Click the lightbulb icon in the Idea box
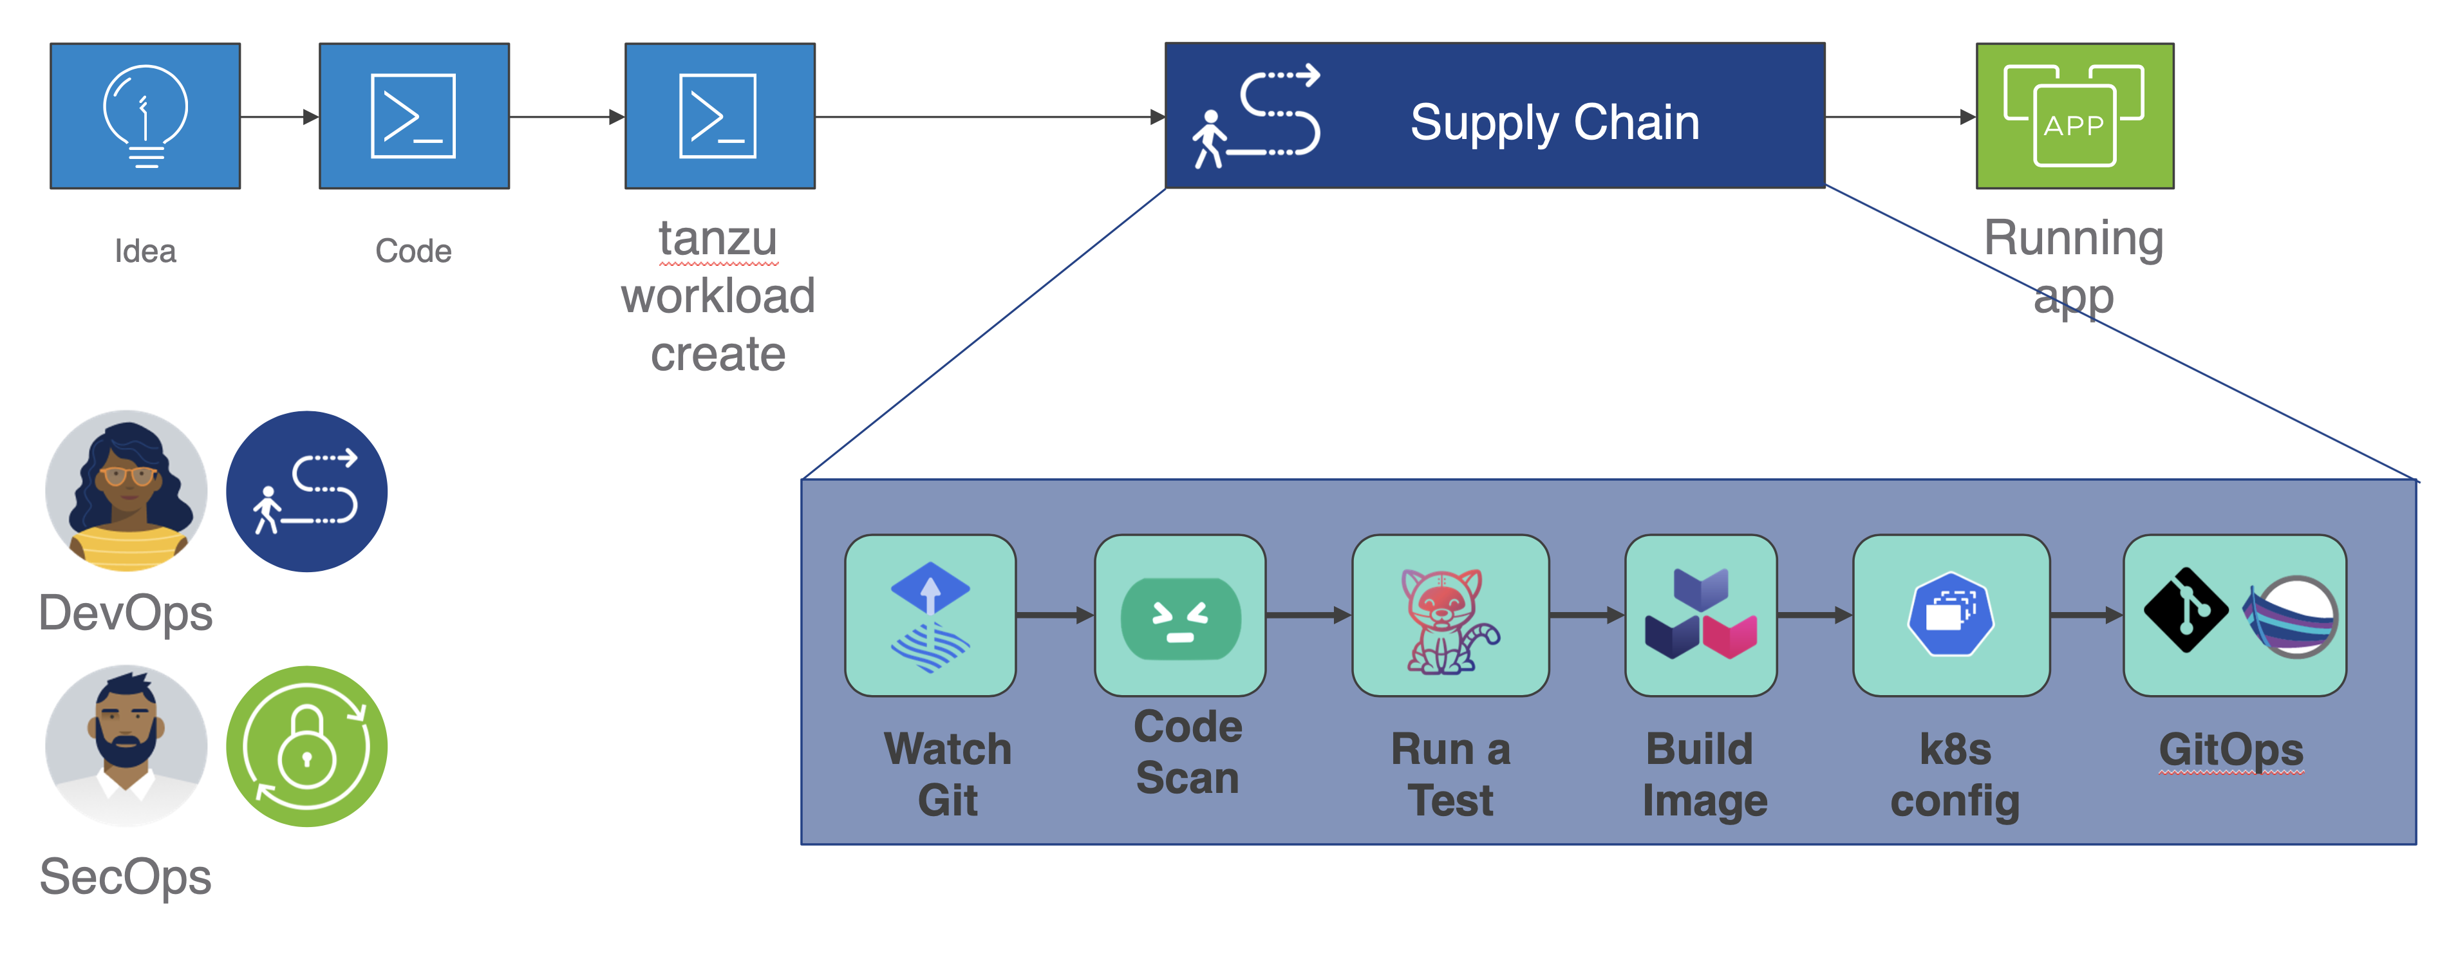[145, 115]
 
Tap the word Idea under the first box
[145, 251]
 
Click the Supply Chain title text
[1554, 122]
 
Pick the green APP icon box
[2074, 115]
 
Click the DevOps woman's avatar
[126, 491]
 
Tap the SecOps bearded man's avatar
[126, 745]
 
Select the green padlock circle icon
[306, 746]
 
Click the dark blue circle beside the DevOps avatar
[306, 491]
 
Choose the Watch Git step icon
[930, 615]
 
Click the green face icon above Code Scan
[1180, 619]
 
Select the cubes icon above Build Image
[1700, 615]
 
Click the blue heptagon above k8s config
[1951, 613]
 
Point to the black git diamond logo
[2185, 611]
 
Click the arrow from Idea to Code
[279, 116]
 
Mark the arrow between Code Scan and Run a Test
[1308, 615]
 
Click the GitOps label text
[2231, 750]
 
